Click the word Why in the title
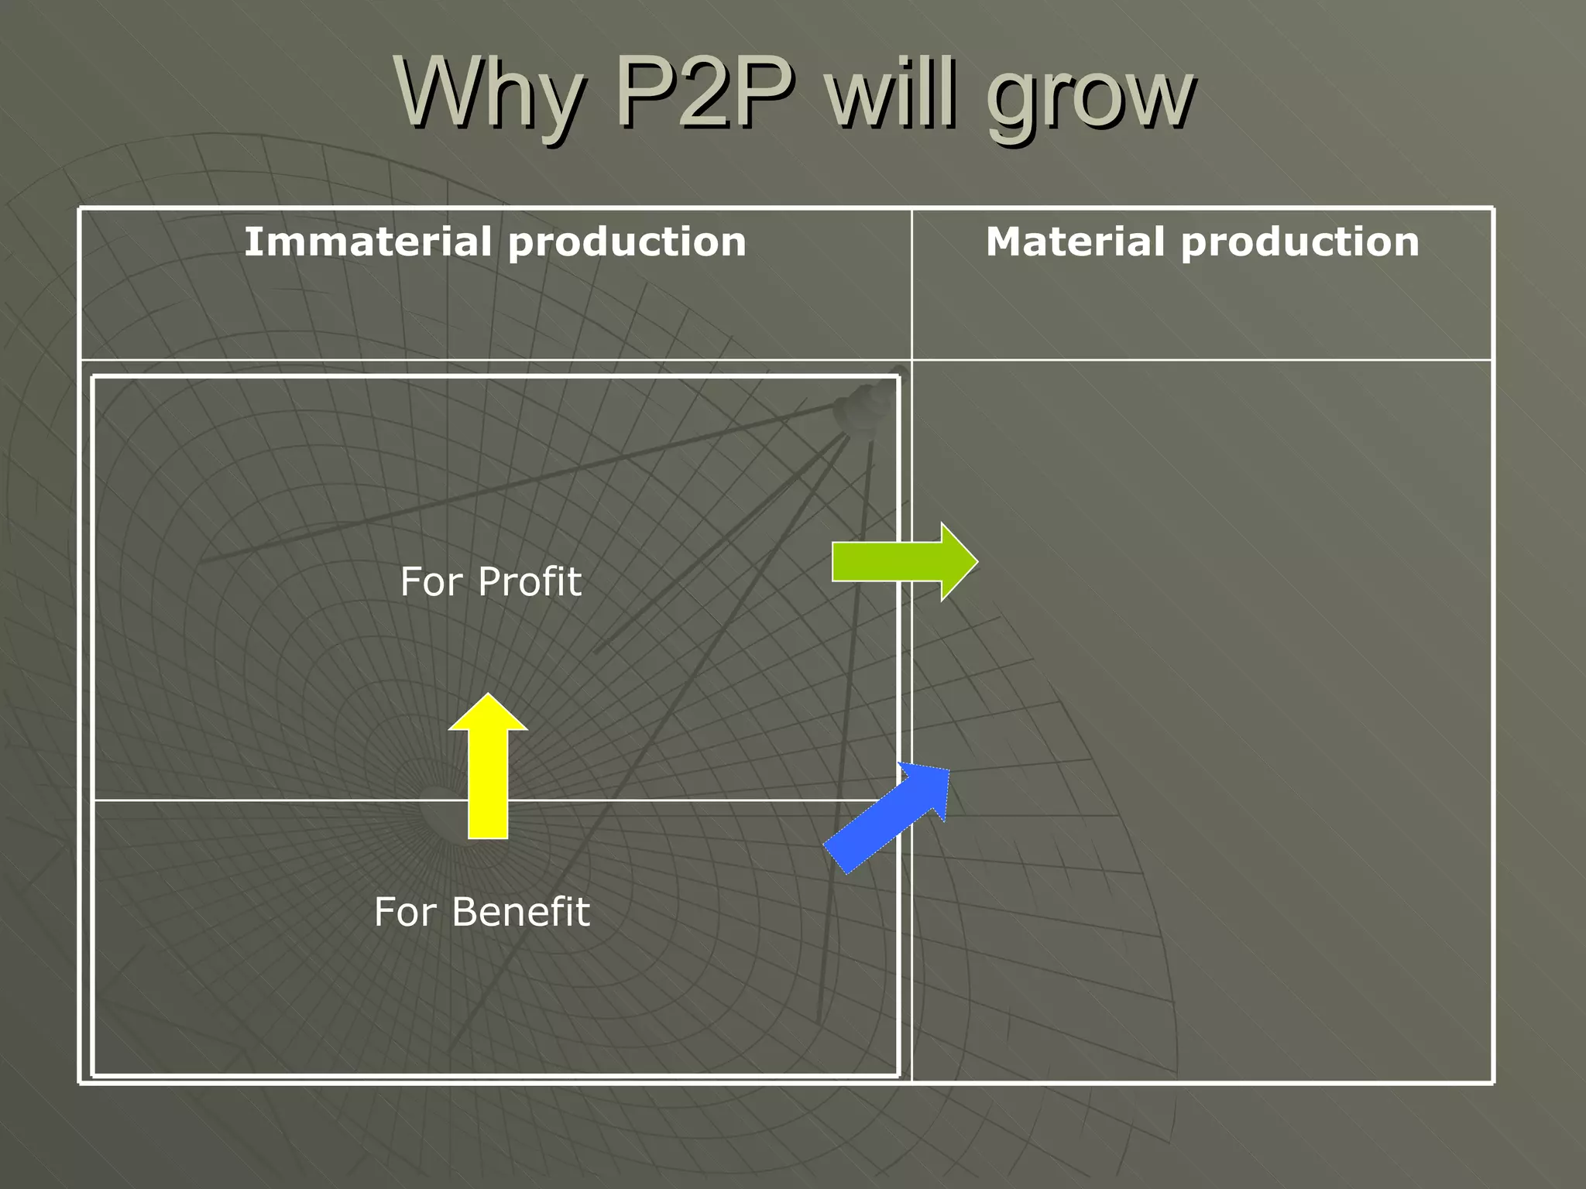click(x=488, y=94)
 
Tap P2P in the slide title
click(x=705, y=94)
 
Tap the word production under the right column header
click(x=1300, y=243)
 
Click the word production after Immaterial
click(x=627, y=243)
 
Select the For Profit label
click(x=490, y=581)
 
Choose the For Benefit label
click(x=482, y=912)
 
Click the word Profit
click(x=529, y=581)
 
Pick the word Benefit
click(x=520, y=912)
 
